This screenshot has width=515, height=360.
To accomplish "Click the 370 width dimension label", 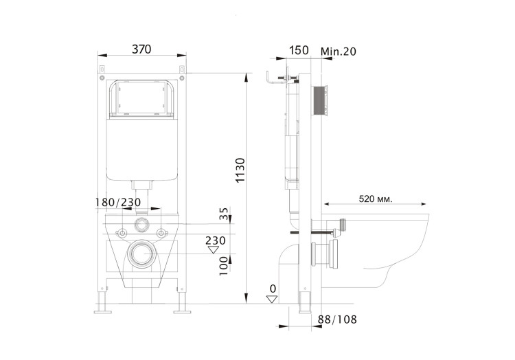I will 141,49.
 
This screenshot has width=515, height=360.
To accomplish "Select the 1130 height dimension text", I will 240,171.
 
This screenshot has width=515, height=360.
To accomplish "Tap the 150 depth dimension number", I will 299,50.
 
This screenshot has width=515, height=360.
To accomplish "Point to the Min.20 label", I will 338,50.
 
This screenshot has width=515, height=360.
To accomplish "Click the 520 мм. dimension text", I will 376,199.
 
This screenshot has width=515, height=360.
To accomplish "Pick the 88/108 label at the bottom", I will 338,319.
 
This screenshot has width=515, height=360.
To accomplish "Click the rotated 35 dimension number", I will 224,214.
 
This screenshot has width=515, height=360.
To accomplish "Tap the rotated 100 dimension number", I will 224,265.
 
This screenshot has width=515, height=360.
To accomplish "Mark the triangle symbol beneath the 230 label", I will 213,249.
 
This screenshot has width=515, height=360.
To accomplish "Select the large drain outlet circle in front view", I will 141,254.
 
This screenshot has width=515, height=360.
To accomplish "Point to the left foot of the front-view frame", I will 104,308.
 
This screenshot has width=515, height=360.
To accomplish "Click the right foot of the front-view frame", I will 181,308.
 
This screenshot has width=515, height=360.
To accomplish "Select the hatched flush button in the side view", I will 320,101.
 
